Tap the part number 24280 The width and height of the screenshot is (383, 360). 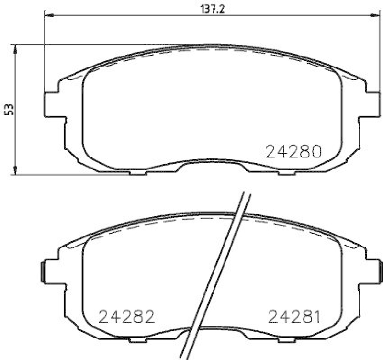[293, 152]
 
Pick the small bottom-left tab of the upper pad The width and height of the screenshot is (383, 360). [138, 172]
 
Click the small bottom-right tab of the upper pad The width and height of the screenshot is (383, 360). [286, 172]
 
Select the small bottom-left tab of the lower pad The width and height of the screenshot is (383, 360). [138, 339]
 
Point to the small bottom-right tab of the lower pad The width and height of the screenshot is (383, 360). [286, 339]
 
